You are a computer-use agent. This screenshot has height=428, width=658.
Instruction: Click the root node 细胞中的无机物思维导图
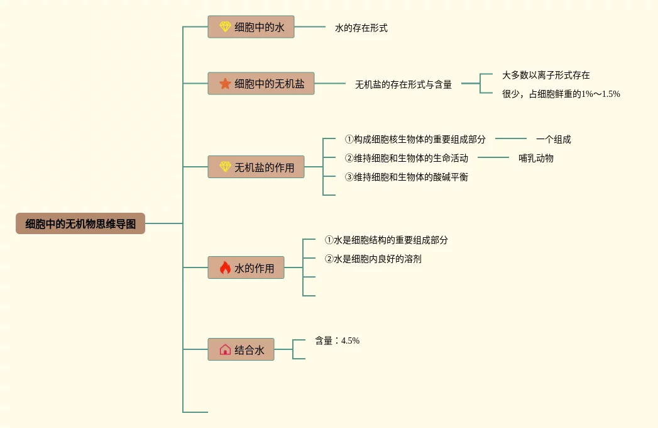click(80, 223)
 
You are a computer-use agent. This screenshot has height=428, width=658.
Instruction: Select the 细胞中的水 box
click(251, 27)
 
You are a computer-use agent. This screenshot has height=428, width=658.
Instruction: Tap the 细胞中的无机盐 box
click(261, 83)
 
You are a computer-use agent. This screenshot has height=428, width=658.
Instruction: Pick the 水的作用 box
click(246, 268)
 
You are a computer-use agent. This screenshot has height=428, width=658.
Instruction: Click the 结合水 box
click(241, 350)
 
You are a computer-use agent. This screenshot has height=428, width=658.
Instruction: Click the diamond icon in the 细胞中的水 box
click(225, 27)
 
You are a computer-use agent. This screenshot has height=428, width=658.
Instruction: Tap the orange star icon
click(225, 83)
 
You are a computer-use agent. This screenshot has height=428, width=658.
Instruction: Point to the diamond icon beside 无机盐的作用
click(225, 167)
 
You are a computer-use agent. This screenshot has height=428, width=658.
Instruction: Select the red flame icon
click(225, 268)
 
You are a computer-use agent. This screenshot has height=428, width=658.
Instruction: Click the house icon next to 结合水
click(225, 350)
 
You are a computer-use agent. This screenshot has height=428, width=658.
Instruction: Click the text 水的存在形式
click(361, 28)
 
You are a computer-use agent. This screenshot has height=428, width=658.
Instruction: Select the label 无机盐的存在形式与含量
click(403, 84)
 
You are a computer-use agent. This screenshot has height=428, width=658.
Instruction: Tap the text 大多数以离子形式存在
click(546, 75)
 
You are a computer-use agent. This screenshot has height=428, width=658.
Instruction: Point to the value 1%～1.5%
click(600, 94)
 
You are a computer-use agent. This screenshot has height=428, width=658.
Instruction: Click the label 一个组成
click(553, 140)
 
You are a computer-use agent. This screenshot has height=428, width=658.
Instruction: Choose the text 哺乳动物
click(536, 158)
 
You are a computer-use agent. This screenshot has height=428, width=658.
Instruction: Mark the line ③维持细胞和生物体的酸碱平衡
click(406, 177)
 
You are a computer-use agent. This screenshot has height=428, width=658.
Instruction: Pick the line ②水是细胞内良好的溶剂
click(373, 259)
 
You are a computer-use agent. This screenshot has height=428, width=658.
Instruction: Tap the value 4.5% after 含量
click(350, 341)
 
